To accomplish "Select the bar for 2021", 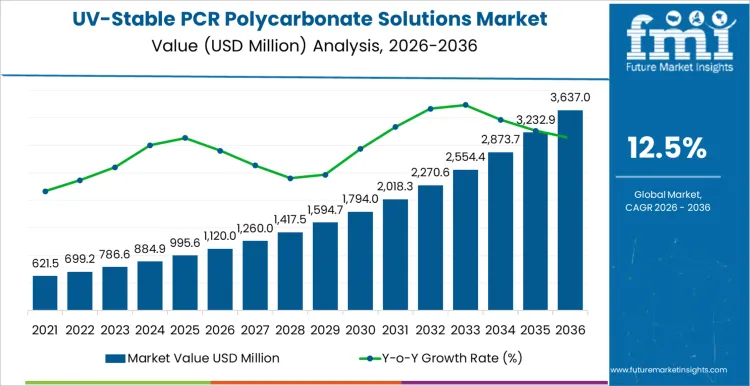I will click(45, 292).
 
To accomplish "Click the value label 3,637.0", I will click(570, 98).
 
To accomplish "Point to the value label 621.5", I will click(45, 263).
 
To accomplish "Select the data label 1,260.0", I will click(255, 227).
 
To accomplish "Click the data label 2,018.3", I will click(395, 186).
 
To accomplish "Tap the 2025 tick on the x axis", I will click(185, 329).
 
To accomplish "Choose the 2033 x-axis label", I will click(465, 329).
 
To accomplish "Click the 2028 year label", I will click(290, 329).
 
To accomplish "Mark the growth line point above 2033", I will click(465, 104).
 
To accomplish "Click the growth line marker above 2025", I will click(185, 137).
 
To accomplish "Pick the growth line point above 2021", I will click(45, 191).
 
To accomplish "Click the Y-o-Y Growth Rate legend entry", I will click(429, 357).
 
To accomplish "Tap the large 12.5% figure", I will click(666, 149).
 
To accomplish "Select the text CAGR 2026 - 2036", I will click(666, 207).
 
